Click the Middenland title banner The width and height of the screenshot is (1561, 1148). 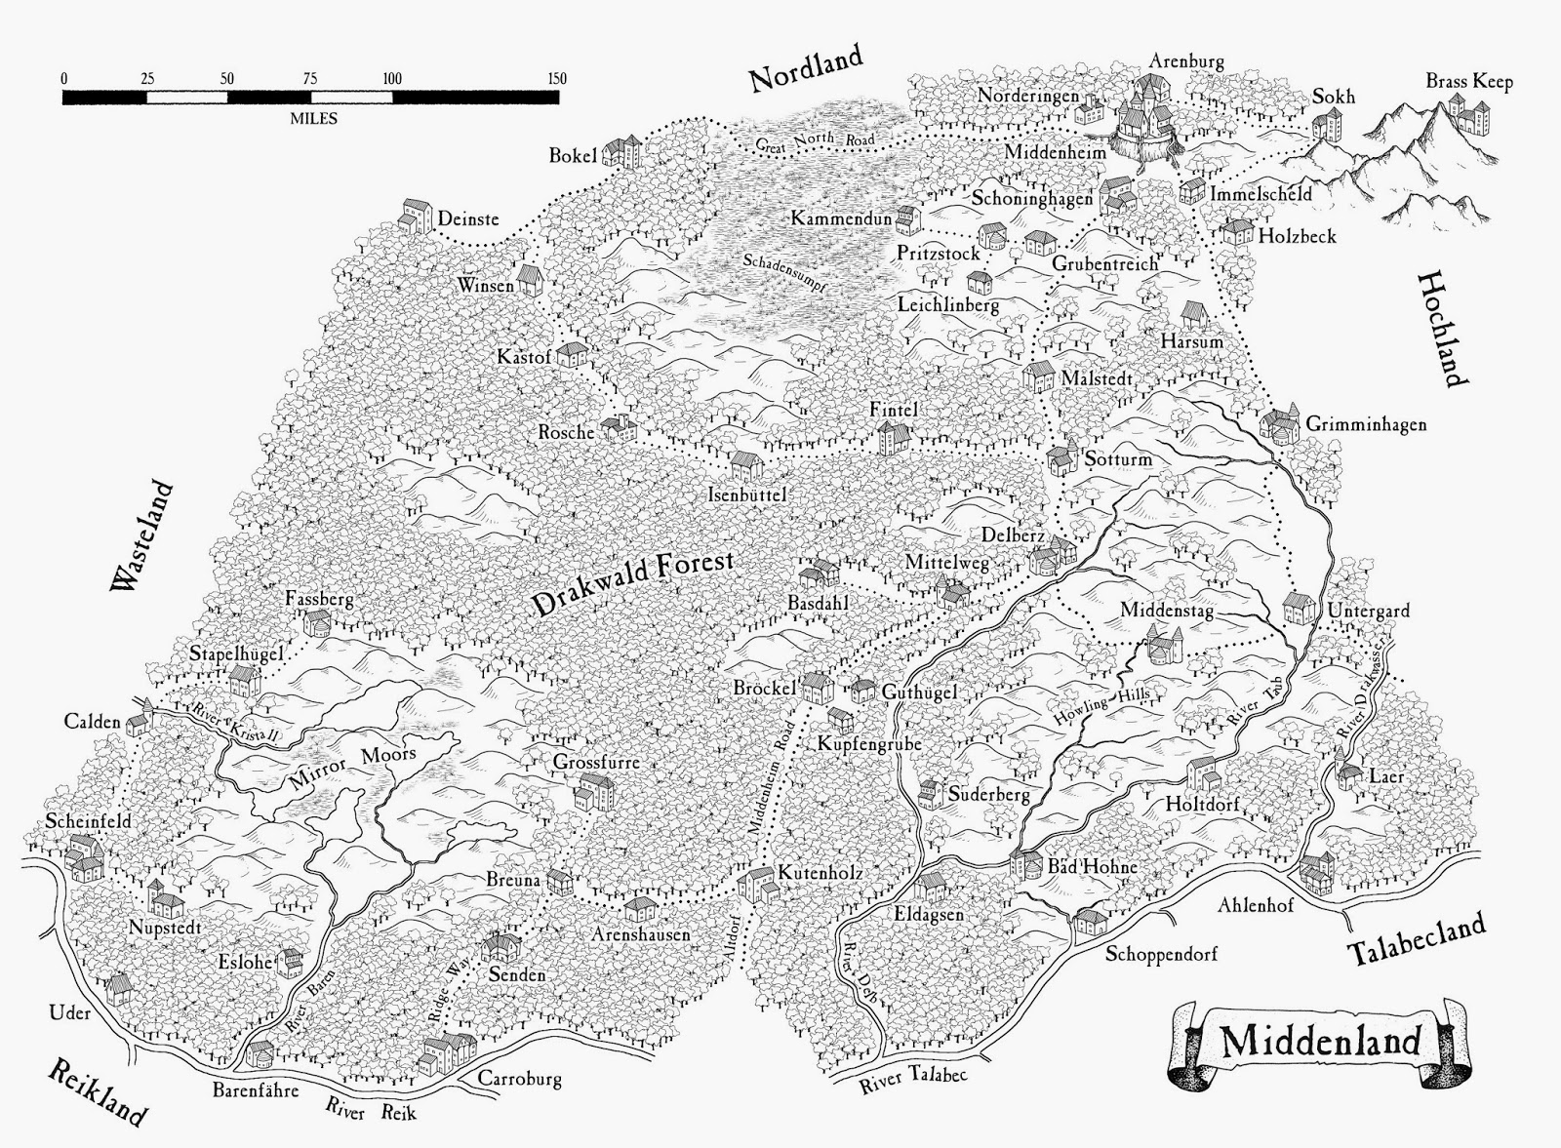tap(1320, 1042)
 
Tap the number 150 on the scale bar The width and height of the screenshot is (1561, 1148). tap(557, 78)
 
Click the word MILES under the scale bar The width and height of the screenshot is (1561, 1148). tap(313, 118)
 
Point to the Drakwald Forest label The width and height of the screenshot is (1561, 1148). tap(633, 582)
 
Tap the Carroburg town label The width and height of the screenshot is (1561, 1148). tap(519, 1079)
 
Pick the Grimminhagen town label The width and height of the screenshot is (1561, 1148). tap(1365, 424)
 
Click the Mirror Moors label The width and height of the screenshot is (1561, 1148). tap(353, 768)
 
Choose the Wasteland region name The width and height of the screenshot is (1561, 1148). tap(142, 535)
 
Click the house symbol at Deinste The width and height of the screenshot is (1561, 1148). tap(416, 216)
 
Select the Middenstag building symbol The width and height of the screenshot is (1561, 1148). tap(1165, 644)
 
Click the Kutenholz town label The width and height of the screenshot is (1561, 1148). tap(820, 874)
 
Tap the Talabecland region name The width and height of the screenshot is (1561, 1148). tap(1417, 938)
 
